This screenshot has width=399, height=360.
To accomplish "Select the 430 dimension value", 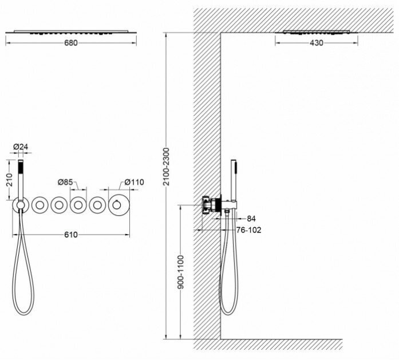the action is click(x=316, y=43).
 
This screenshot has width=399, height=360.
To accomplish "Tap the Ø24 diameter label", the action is click(x=21, y=147).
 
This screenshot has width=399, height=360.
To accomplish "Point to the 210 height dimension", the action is click(x=8, y=180).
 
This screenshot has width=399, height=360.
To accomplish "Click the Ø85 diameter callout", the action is click(x=65, y=182).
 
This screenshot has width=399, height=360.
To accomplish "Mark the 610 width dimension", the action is click(x=70, y=234).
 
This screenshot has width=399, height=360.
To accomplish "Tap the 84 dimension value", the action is click(x=252, y=218).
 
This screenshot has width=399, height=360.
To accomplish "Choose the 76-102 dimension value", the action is click(x=250, y=230).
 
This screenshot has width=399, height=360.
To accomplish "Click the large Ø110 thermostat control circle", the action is click(x=118, y=204).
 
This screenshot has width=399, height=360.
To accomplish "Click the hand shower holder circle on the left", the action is click(x=20, y=204).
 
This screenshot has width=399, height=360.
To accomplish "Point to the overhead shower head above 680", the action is click(x=71, y=31).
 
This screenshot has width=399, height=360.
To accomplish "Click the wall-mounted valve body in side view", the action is click(x=214, y=204).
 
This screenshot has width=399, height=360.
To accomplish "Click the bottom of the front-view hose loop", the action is click(x=24, y=312).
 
